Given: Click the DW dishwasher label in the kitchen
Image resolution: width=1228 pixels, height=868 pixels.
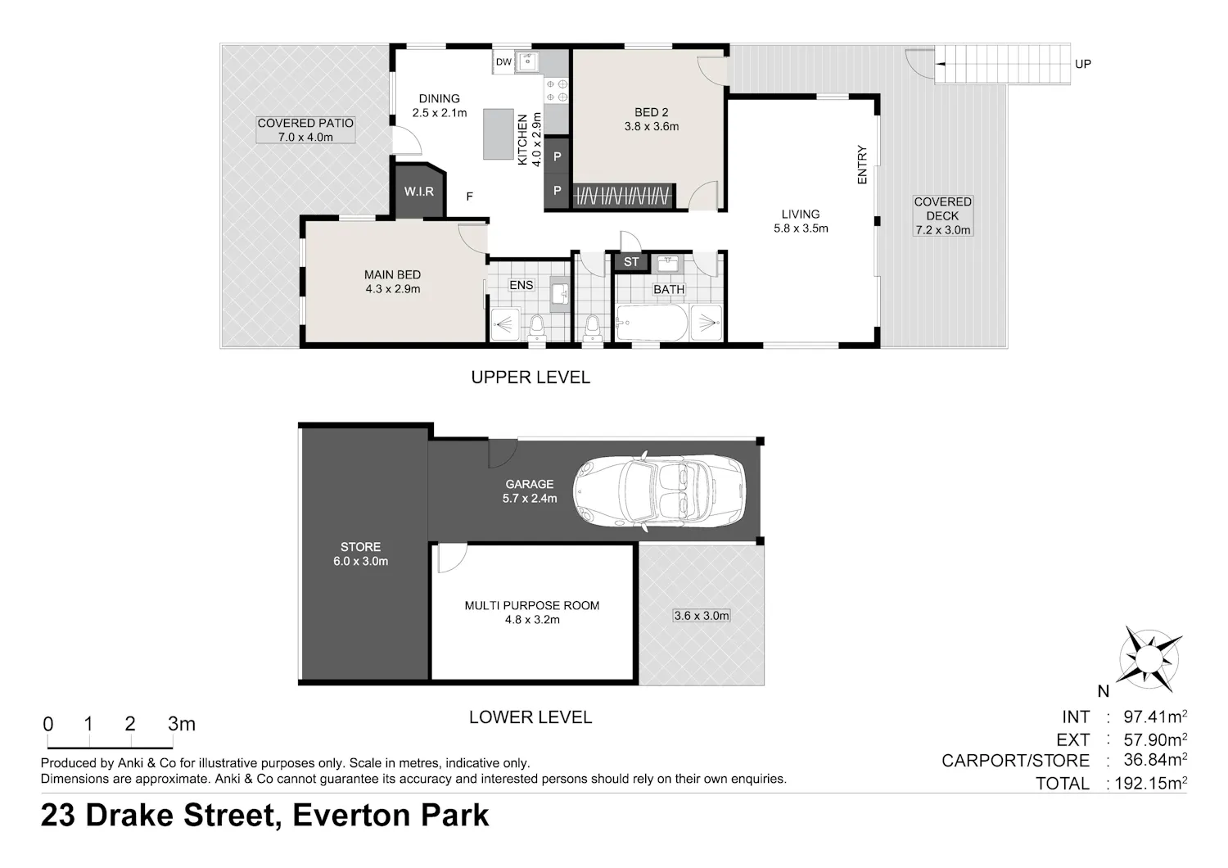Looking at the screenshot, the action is point(503,62).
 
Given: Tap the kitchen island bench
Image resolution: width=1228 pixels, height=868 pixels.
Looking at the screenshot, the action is point(499,133).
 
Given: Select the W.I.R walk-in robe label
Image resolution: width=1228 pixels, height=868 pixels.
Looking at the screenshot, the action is point(419,192).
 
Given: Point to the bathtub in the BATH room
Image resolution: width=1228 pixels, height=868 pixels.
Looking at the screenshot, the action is point(652,323).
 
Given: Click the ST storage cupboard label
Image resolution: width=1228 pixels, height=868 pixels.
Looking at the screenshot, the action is point(631,262).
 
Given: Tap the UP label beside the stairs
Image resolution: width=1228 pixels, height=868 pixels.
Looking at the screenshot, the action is point(1083,64).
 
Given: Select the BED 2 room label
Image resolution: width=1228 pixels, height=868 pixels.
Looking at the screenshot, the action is point(652,112).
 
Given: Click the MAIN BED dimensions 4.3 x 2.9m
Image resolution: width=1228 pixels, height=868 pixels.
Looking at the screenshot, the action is point(392,289).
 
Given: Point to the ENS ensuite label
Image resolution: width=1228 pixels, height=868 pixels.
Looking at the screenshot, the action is point(521,285).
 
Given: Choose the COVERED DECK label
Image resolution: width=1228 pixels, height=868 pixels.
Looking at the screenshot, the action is point(942,209).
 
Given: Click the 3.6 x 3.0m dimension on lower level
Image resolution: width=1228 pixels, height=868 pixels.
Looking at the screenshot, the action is point(701,616).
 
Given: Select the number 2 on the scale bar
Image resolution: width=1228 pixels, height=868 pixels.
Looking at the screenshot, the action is point(130,724).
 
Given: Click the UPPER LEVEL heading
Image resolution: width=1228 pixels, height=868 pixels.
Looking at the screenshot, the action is point(530,377).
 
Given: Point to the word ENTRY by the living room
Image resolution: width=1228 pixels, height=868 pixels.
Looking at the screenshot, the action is point(862,165).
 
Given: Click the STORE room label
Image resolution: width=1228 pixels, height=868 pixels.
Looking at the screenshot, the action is point(360,547).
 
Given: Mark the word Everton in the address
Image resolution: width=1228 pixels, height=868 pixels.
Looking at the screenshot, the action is point(351,816).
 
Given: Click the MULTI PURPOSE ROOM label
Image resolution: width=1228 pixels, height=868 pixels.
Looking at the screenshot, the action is point(532,605).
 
